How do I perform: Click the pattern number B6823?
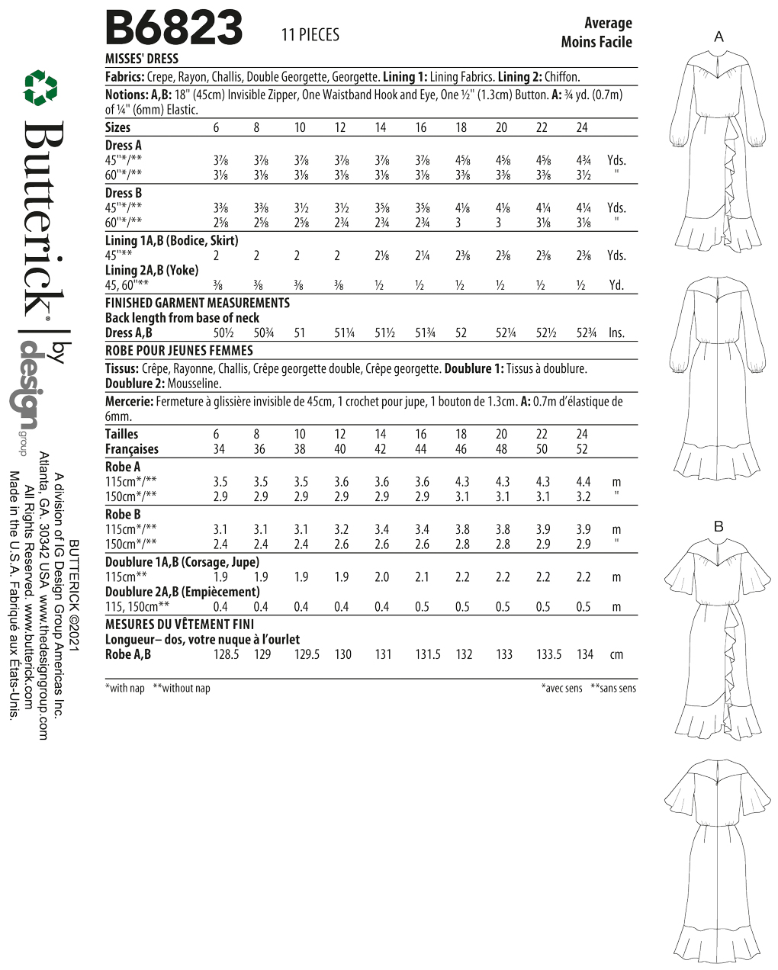click(173, 30)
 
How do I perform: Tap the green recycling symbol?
click(40, 88)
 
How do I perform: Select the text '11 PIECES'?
click(310, 35)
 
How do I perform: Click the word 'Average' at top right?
click(608, 23)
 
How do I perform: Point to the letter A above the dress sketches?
click(719, 37)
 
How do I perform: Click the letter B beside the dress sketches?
click(719, 526)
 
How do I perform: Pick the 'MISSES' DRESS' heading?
click(142, 59)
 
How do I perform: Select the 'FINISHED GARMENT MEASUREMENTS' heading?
click(197, 303)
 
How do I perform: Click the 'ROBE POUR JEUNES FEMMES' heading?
click(178, 351)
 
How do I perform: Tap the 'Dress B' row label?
click(124, 193)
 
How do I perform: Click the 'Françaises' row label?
click(132, 449)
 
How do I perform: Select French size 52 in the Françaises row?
click(582, 449)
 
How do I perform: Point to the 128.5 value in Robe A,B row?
click(226, 654)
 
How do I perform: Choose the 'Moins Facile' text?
click(596, 42)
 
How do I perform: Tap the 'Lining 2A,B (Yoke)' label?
click(151, 270)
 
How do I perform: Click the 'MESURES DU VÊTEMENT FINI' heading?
click(179, 624)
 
